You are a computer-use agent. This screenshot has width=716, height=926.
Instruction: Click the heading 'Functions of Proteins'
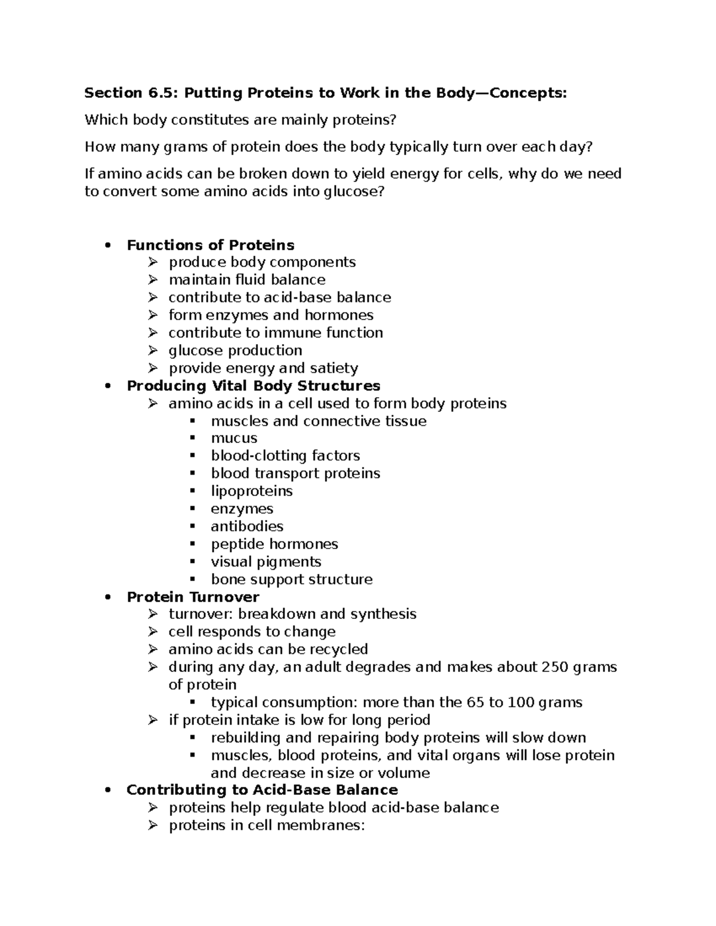tap(211, 245)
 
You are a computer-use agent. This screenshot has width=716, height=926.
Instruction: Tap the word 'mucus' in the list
tap(234, 438)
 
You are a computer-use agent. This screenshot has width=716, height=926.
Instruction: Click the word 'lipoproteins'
tap(252, 491)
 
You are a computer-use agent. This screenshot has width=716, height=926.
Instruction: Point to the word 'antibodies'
tap(247, 527)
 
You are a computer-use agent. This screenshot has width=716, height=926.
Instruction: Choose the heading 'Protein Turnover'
tap(193, 597)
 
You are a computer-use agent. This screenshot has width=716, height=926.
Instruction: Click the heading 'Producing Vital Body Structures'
tap(254, 386)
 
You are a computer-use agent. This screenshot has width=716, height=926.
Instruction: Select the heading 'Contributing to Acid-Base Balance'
tap(262, 790)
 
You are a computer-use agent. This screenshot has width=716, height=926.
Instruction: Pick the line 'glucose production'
tap(235, 351)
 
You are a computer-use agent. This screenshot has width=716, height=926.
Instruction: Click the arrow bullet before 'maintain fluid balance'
tap(153, 280)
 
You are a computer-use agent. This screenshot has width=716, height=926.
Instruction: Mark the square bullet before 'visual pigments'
tap(192, 562)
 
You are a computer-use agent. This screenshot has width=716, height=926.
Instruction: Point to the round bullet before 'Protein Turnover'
tap(107, 597)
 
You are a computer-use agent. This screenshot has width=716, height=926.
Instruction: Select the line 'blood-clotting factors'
tap(285, 456)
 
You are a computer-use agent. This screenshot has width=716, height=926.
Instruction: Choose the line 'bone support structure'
tap(292, 580)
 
